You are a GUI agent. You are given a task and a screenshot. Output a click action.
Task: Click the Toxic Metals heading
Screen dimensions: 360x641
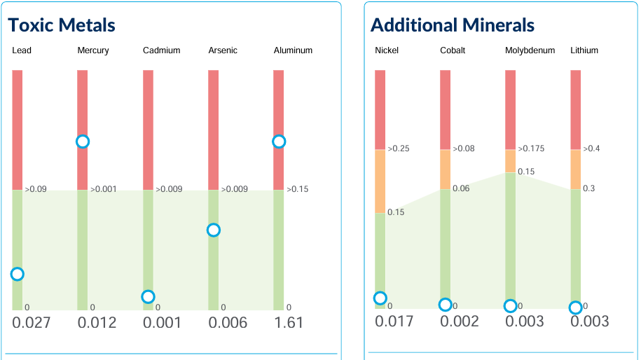click(62, 26)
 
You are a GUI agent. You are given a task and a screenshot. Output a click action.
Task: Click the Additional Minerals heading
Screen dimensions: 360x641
click(452, 26)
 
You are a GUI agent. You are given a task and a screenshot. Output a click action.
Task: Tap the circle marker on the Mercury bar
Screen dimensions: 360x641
click(83, 141)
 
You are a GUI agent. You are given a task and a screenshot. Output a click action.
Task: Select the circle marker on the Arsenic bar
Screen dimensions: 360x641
click(213, 230)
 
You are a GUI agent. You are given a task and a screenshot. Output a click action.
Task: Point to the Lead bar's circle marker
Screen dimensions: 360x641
click(18, 274)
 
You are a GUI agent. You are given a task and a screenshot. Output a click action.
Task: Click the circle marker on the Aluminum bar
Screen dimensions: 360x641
click(279, 141)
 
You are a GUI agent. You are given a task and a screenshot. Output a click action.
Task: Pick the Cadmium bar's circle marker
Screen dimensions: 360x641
click(148, 297)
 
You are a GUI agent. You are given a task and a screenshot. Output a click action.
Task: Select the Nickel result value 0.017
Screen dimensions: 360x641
click(394, 321)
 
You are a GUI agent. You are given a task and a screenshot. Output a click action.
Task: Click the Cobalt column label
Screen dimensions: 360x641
click(453, 50)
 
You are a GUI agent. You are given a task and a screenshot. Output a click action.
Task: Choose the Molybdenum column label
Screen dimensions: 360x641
click(530, 50)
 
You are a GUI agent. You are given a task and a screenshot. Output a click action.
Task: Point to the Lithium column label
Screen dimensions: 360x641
click(584, 50)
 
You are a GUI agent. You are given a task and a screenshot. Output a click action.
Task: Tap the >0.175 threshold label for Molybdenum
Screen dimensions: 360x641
click(531, 149)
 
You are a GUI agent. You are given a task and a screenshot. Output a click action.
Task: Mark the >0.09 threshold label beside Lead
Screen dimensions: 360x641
click(36, 190)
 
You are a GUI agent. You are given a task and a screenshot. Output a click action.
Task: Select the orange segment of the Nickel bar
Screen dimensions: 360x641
click(380, 181)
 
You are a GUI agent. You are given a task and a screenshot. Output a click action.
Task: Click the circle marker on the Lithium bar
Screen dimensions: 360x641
click(575, 307)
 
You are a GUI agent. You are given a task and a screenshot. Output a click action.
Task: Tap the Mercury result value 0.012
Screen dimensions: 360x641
click(97, 323)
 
